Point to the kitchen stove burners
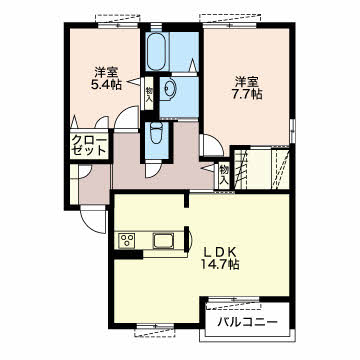(x=128, y=241)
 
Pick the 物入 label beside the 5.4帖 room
(x=149, y=95)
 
